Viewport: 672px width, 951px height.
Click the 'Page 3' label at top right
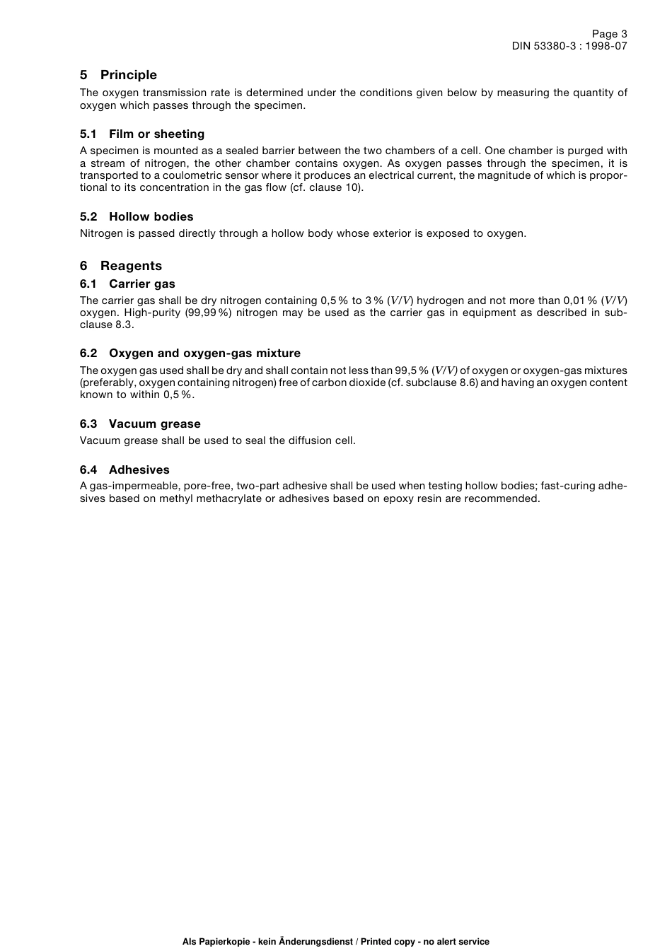tap(609, 34)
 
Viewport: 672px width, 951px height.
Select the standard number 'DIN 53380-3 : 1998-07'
tap(569, 46)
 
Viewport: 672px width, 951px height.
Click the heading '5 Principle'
tap(118, 75)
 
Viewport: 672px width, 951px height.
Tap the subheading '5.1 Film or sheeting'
tap(142, 134)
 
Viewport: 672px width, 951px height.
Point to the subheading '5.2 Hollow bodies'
tap(137, 216)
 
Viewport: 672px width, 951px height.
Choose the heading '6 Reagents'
tap(121, 266)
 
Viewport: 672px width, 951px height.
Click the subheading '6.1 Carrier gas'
tap(127, 284)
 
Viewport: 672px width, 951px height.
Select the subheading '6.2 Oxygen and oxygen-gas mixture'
tap(190, 353)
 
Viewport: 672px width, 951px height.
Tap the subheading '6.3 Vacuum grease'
tap(140, 424)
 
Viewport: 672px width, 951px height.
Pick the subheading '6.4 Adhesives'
tap(124, 469)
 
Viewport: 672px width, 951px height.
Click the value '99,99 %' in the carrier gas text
tap(209, 313)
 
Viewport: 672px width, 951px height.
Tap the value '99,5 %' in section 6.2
tap(412, 371)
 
